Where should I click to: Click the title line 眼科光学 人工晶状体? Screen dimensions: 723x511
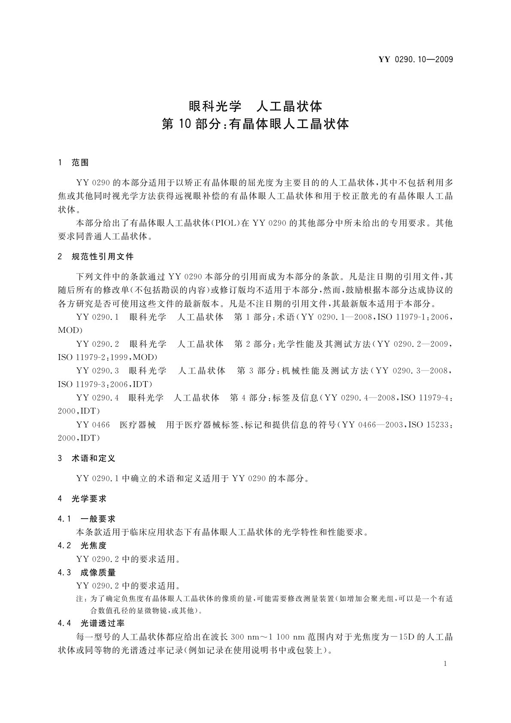pyautogui.click(x=255, y=105)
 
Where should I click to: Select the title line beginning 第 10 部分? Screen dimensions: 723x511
pyautogui.click(x=255, y=125)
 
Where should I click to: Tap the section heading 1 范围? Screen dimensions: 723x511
pyautogui.click(x=73, y=163)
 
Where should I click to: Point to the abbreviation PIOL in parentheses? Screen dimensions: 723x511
pyautogui.click(x=224, y=223)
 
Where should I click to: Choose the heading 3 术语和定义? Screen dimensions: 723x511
pyautogui.click(x=87, y=459)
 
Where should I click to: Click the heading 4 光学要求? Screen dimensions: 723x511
pyautogui.click(x=82, y=499)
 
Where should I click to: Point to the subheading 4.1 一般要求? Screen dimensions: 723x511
pyautogui.click(x=87, y=519)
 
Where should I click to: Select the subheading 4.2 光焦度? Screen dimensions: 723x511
pyautogui.click(x=82, y=546)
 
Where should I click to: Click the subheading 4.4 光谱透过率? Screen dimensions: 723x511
pyautogui.click(x=91, y=623)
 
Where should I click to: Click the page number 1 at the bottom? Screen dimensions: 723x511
pyautogui.click(x=445, y=664)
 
